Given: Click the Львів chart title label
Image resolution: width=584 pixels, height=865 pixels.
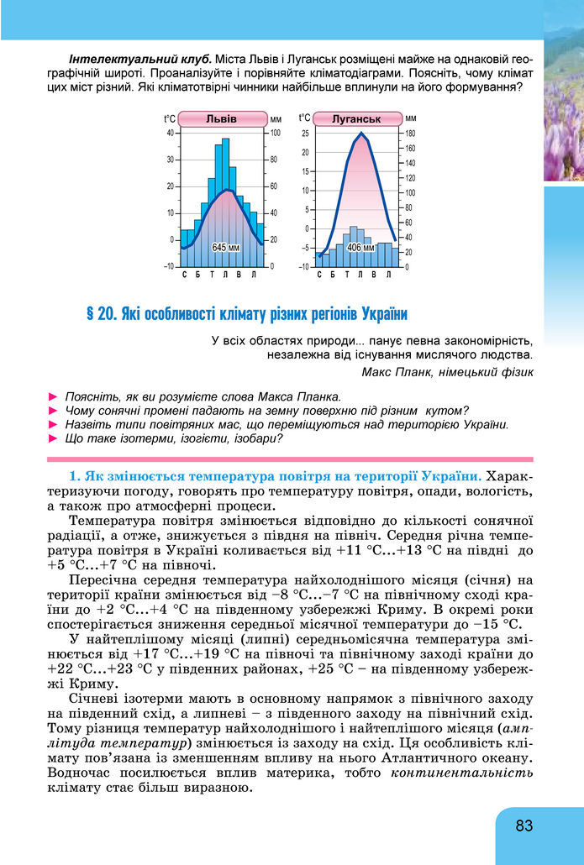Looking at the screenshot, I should (x=222, y=118).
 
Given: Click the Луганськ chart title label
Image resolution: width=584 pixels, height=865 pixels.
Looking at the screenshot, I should (x=356, y=118).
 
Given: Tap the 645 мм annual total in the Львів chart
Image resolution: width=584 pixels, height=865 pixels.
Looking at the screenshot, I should (x=225, y=248).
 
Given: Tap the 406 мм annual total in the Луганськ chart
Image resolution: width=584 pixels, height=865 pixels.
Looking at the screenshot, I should (x=360, y=248).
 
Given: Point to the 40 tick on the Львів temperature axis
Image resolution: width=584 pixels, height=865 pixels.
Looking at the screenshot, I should (x=171, y=133).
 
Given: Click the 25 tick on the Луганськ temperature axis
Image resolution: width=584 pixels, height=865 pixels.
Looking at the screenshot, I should (x=305, y=133).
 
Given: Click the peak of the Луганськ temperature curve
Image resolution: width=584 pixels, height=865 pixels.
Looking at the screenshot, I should (x=361, y=134).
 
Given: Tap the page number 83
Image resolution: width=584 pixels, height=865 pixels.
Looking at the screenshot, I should (x=524, y=826).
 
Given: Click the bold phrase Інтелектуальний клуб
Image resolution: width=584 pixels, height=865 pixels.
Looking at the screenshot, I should (x=139, y=60).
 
